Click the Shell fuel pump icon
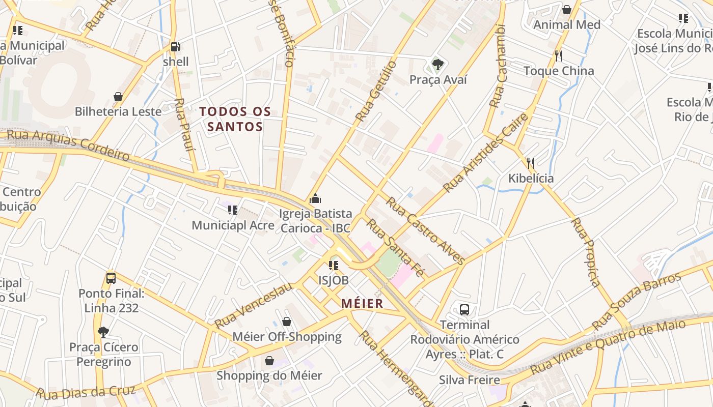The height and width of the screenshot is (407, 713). coord(175,47)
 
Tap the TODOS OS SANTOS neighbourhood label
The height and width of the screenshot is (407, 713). coord(235,119)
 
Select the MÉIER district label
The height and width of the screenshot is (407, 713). coord(362,304)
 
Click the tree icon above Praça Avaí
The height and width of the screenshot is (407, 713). coord(437,65)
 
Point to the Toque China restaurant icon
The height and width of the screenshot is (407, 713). coord(559,55)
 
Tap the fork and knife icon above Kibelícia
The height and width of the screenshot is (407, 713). coord(531,163)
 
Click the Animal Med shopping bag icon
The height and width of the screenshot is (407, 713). coord(567,10)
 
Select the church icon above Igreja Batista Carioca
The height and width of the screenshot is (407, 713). coord(315,198)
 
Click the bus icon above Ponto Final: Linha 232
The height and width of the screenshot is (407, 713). coord(111,278)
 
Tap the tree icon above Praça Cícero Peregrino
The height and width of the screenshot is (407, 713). coord(103,332)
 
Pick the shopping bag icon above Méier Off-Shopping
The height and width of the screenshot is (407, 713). coord(287,322)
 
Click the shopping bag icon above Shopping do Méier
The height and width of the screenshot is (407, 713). coord(269,361)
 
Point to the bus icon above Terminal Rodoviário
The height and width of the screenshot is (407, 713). coord(464,309)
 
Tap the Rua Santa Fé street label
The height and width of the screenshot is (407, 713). coord(395,247)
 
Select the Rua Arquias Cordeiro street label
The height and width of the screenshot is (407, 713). coord(68,145)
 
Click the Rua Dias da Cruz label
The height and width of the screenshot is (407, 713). coord(86,392)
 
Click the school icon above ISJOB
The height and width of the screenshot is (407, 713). coord(334,265)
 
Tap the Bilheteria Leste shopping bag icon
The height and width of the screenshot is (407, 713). coord(118,97)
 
